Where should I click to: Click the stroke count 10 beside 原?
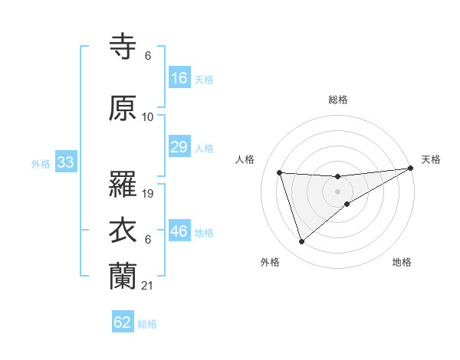pyautogui.click(x=148, y=117)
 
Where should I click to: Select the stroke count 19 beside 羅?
pyautogui.click(x=148, y=194)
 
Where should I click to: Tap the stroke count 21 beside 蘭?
pyautogui.click(x=148, y=286)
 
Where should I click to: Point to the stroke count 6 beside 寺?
pyautogui.click(x=147, y=56)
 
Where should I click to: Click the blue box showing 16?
pyautogui.click(x=179, y=77)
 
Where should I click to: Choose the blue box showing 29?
pyautogui.click(x=179, y=147)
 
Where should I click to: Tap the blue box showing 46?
pyautogui.click(x=179, y=231)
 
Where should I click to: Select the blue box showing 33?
pyautogui.click(x=65, y=162)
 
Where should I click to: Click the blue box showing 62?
pyautogui.click(x=123, y=322)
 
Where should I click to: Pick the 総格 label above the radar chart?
pyautogui.click(x=338, y=100)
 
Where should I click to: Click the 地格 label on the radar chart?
pyautogui.click(x=402, y=263)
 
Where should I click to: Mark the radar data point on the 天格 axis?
pyautogui.click(x=411, y=169)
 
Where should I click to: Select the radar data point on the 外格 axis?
pyautogui.click(x=302, y=242)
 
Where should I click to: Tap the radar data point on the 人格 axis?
pyautogui.click(x=280, y=172)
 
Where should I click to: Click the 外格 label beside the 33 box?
pyautogui.click(x=41, y=163)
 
